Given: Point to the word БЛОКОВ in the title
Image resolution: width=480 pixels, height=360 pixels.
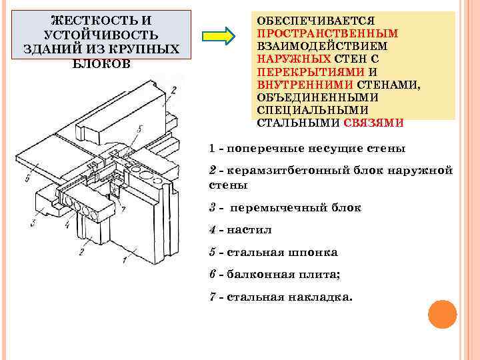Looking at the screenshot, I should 101,64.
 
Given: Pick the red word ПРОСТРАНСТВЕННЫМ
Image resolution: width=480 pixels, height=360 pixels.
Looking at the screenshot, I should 327,34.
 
